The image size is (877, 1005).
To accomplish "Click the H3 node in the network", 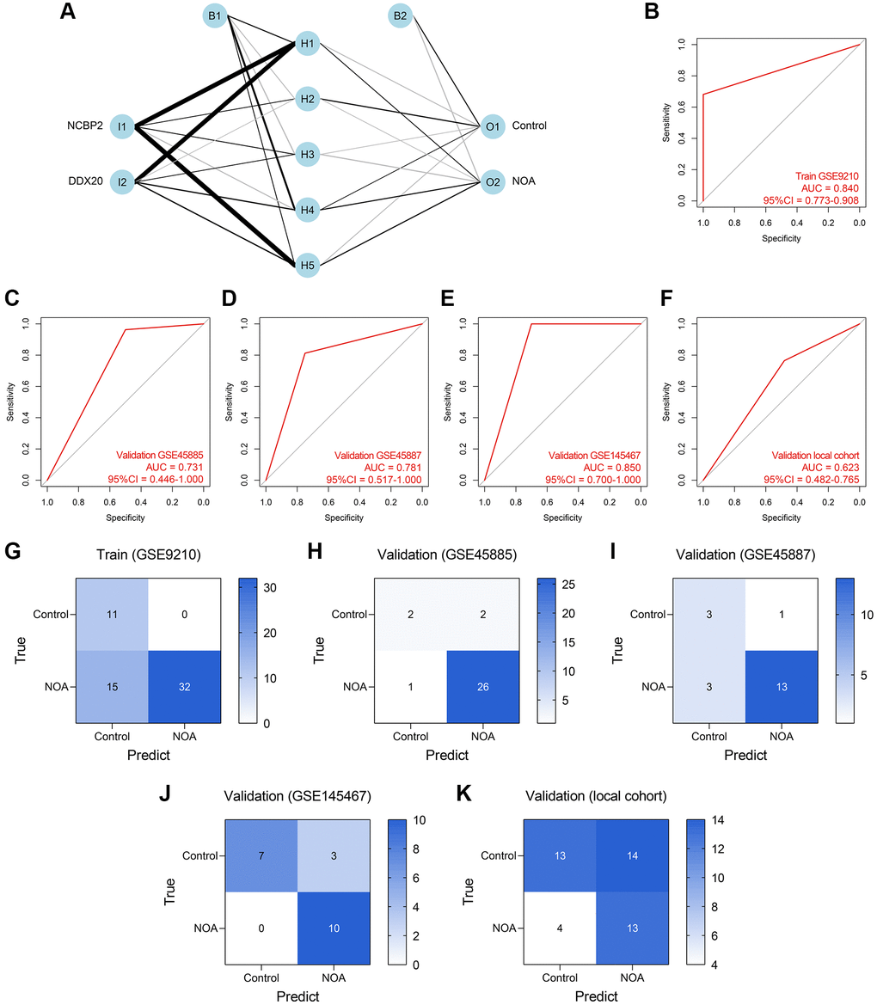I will pyautogui.click(x=307, y=155).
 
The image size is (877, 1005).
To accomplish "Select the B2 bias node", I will pyautogui.click(x=399, y=15).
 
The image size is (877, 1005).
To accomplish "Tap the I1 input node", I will pyautogui.click(x=123, y=126).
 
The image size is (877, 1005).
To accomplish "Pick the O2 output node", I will pyautogui.click(x=493, y=182).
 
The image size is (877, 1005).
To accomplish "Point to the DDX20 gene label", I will pyautogui.click(x=85, y=182).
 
